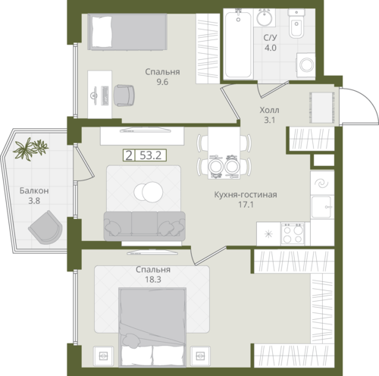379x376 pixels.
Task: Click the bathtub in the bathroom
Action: pyautogui.click(x=238, y=43)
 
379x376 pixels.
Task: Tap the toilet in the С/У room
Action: pyautogui.click(x=296, y=24)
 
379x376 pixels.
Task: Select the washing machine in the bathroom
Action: pyautogui.click(x=305, y=65)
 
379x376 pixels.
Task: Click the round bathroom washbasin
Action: pyautogui.click(x=265, y=17)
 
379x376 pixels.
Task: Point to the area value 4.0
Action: pyautogui.click(x=271, y=48)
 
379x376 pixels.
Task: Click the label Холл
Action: pyautogui.click(x=270, y=110)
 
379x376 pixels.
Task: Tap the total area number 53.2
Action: pyautogui.click(x=151, y=155)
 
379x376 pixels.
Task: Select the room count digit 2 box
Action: pyautogui.click(x=129, y=155)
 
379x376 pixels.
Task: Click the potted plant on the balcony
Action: pyautogui.click(x=30, y=149)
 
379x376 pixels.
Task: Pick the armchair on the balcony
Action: pyautogui.click(x=45, y=227)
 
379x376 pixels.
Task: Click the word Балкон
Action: pyautogui.click(x=34, y=191)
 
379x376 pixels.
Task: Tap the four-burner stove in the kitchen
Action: pyautogui.click(x=293, y=233)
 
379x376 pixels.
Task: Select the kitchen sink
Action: pyautogui.click(x=321, y=207)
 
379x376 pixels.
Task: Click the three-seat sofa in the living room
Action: pyautogui.click(x=145, y=226)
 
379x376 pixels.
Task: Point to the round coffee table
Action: pyautogui.click(x=149, y=192)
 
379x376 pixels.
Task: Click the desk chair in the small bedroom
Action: pyautogui.click(x=124, y=96)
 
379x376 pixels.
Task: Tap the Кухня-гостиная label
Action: pyautogui.click(x=246, y=195)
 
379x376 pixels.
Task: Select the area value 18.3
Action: pyautogui.click(x=153, y=280)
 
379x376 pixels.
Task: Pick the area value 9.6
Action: pyautogui.click(x=162, y=82)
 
